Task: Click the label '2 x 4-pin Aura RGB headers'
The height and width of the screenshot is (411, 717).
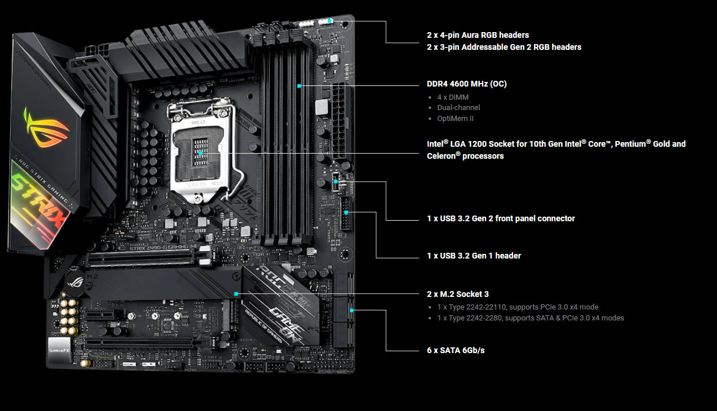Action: point(477,35)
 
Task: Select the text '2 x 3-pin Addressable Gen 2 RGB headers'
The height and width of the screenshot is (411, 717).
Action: point(504,47)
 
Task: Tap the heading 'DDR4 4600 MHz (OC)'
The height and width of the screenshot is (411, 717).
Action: point(467,84)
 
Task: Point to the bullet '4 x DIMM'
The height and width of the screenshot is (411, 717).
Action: point(453,97)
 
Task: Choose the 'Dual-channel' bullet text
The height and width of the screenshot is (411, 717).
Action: point(459,108)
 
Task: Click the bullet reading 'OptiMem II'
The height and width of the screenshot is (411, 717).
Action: point(455,119)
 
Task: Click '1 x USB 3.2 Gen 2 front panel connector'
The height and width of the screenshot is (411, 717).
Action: point(500,218)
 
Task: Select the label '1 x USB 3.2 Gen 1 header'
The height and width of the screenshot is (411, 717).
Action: point(474,256)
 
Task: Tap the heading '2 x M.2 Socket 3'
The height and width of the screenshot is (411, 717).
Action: point(457,294)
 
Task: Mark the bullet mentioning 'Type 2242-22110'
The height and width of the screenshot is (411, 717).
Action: point(518,307)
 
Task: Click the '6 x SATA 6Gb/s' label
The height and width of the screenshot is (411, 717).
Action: point(456,350)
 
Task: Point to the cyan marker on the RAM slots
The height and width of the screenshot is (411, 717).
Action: point(299,86)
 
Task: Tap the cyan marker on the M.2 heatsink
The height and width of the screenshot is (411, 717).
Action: point(236,293)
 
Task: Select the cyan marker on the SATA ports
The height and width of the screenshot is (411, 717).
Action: point(351,310)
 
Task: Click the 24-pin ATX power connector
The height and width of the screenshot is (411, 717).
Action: point(339,120)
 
